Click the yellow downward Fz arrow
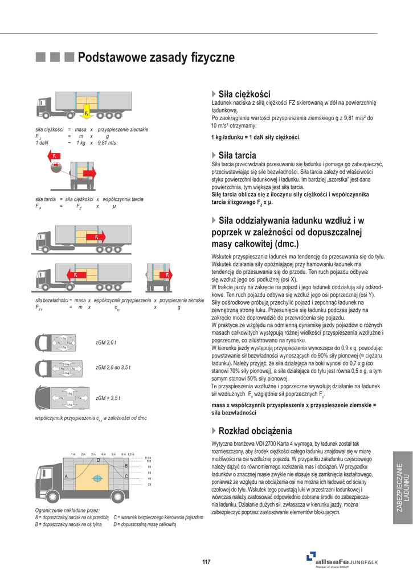[x=87, y=109]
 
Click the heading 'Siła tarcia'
[x=237, y=155]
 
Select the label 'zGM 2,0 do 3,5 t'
[x=113, y=368]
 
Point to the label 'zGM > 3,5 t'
[x=108, y=398]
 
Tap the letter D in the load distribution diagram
[x=98, y=459]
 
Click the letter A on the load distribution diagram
[x=67, y=476]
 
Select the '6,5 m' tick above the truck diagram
[x=131, y=454]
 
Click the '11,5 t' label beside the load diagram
[x=148, y=458]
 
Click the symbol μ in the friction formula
[x=114, y=206]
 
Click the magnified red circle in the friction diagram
[x=55, y=167]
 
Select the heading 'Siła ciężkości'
[x=244, y=94]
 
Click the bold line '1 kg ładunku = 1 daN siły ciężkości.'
[x=255, y=137]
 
